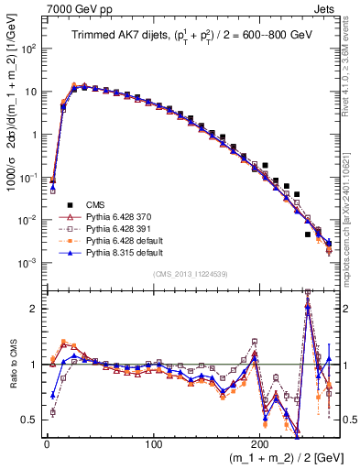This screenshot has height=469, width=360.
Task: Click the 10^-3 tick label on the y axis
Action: pos(30,263)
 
